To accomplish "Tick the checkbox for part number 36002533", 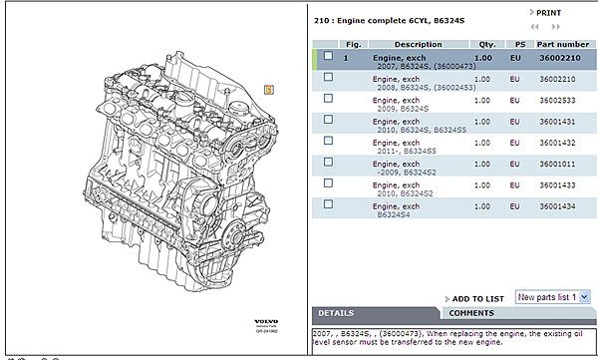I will (x=328, y=100).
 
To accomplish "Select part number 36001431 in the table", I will (x=556, y=122).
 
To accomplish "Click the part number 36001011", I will (x=556, y=165).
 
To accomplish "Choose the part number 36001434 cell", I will (x=556, y=205).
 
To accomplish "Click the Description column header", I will (x=418, y=44).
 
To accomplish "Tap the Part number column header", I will (x=563, y=44).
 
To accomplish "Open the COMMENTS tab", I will (x=471, y=313).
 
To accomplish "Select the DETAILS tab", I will (x=337, y=313).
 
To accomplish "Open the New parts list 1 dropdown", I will (x=554, y=297).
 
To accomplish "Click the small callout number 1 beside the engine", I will (x=268, y=88).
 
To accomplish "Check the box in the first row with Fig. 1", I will (x=328, y=57).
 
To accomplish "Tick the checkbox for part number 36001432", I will (x=328, y=143).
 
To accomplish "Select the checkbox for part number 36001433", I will (x=328, y=184).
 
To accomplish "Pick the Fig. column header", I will (x=353, y=44).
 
